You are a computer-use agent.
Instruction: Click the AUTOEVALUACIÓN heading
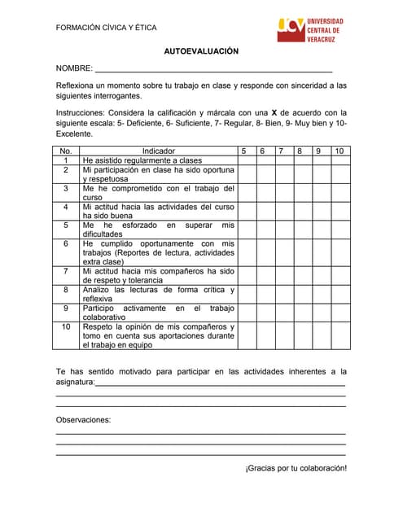click(201, 50)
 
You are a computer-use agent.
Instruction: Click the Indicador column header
click(158, 151)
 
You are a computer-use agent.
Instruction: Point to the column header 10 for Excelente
click(339, 151)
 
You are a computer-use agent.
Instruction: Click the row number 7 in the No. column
click(66, 271)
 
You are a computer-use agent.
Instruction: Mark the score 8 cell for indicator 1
click(300, 160)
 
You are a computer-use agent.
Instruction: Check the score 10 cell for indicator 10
click(339, 335)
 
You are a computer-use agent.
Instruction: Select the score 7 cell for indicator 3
click(282, 192)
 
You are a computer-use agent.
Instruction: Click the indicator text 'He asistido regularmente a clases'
click(142, 160)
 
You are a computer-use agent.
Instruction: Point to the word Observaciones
click(83, 420)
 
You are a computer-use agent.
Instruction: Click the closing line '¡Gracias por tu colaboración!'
click(296, 468)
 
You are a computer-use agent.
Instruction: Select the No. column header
click(66, 151)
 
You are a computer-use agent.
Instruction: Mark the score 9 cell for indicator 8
click(319, 294)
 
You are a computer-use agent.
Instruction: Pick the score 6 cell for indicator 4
click(262, 211)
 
